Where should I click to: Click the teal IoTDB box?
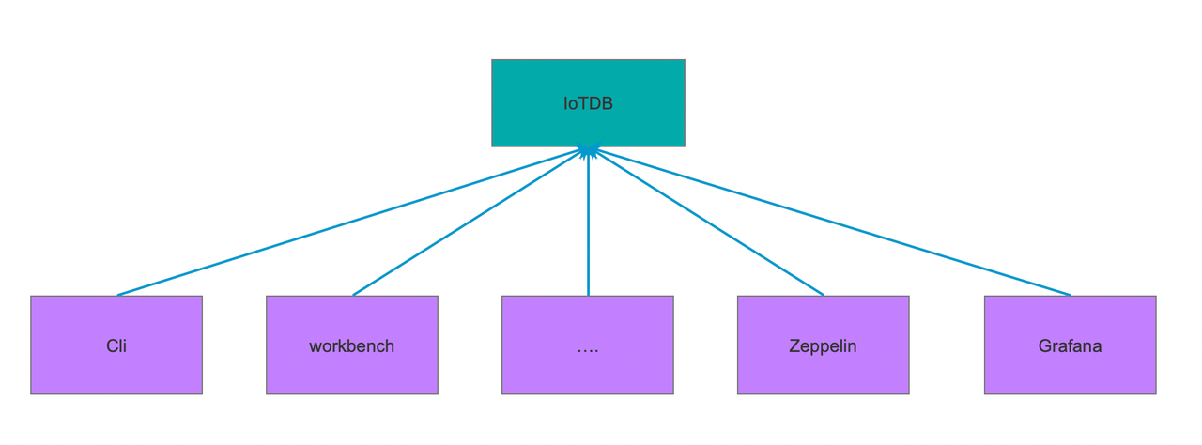click(588, 103)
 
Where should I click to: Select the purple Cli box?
click(116, 345)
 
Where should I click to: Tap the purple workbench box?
click(352, 345)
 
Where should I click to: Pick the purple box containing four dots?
click(588, 345)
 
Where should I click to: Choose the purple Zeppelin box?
click(824, 345)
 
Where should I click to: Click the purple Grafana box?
click(1070, 345)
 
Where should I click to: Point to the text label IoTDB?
click(588, 103)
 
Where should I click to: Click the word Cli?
click(116, 345)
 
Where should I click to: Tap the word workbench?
click(351, 345)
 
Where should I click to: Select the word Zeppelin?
click(823, 346)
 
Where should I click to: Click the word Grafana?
click(1070, 345)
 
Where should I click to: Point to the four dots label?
click(588, 350)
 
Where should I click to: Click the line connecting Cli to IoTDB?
click(350, 222)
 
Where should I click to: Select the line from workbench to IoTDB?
click(469, 222)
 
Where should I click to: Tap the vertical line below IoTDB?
click(588, 222)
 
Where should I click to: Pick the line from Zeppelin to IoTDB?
click(707, 222)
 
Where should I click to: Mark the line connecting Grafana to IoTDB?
click(832, 222)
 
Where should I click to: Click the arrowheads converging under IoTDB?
click(588, 152)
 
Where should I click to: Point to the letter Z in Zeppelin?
click(794, 345)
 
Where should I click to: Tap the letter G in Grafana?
click(1045, 345)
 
